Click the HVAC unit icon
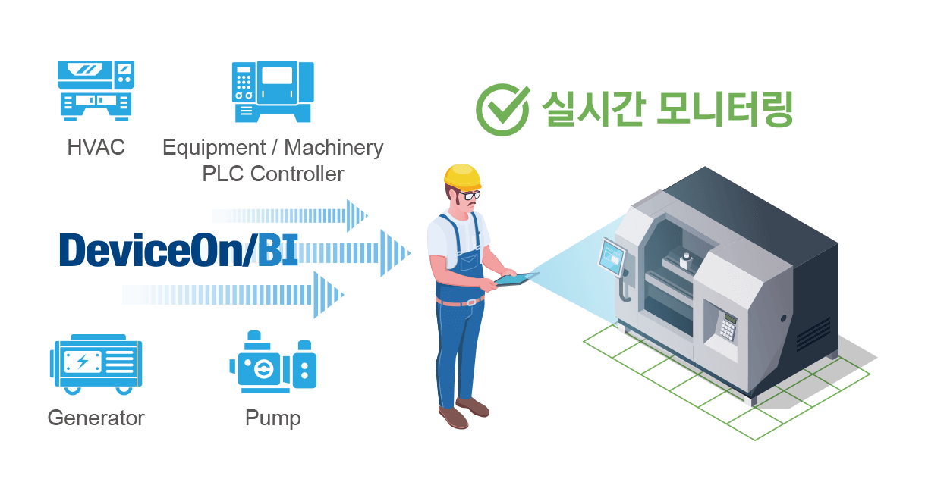[96, 90]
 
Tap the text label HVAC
[96, 147]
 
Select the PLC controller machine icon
[272, 92]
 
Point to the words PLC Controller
[272, 174]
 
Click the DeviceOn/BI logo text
[178, 251]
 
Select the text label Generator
[96, 418]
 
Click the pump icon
[272, 363]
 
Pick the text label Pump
[272, 418]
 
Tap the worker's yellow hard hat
[463, 176]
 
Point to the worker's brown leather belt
[460, 302]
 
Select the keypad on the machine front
[728, 327]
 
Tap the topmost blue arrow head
[356, 215]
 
